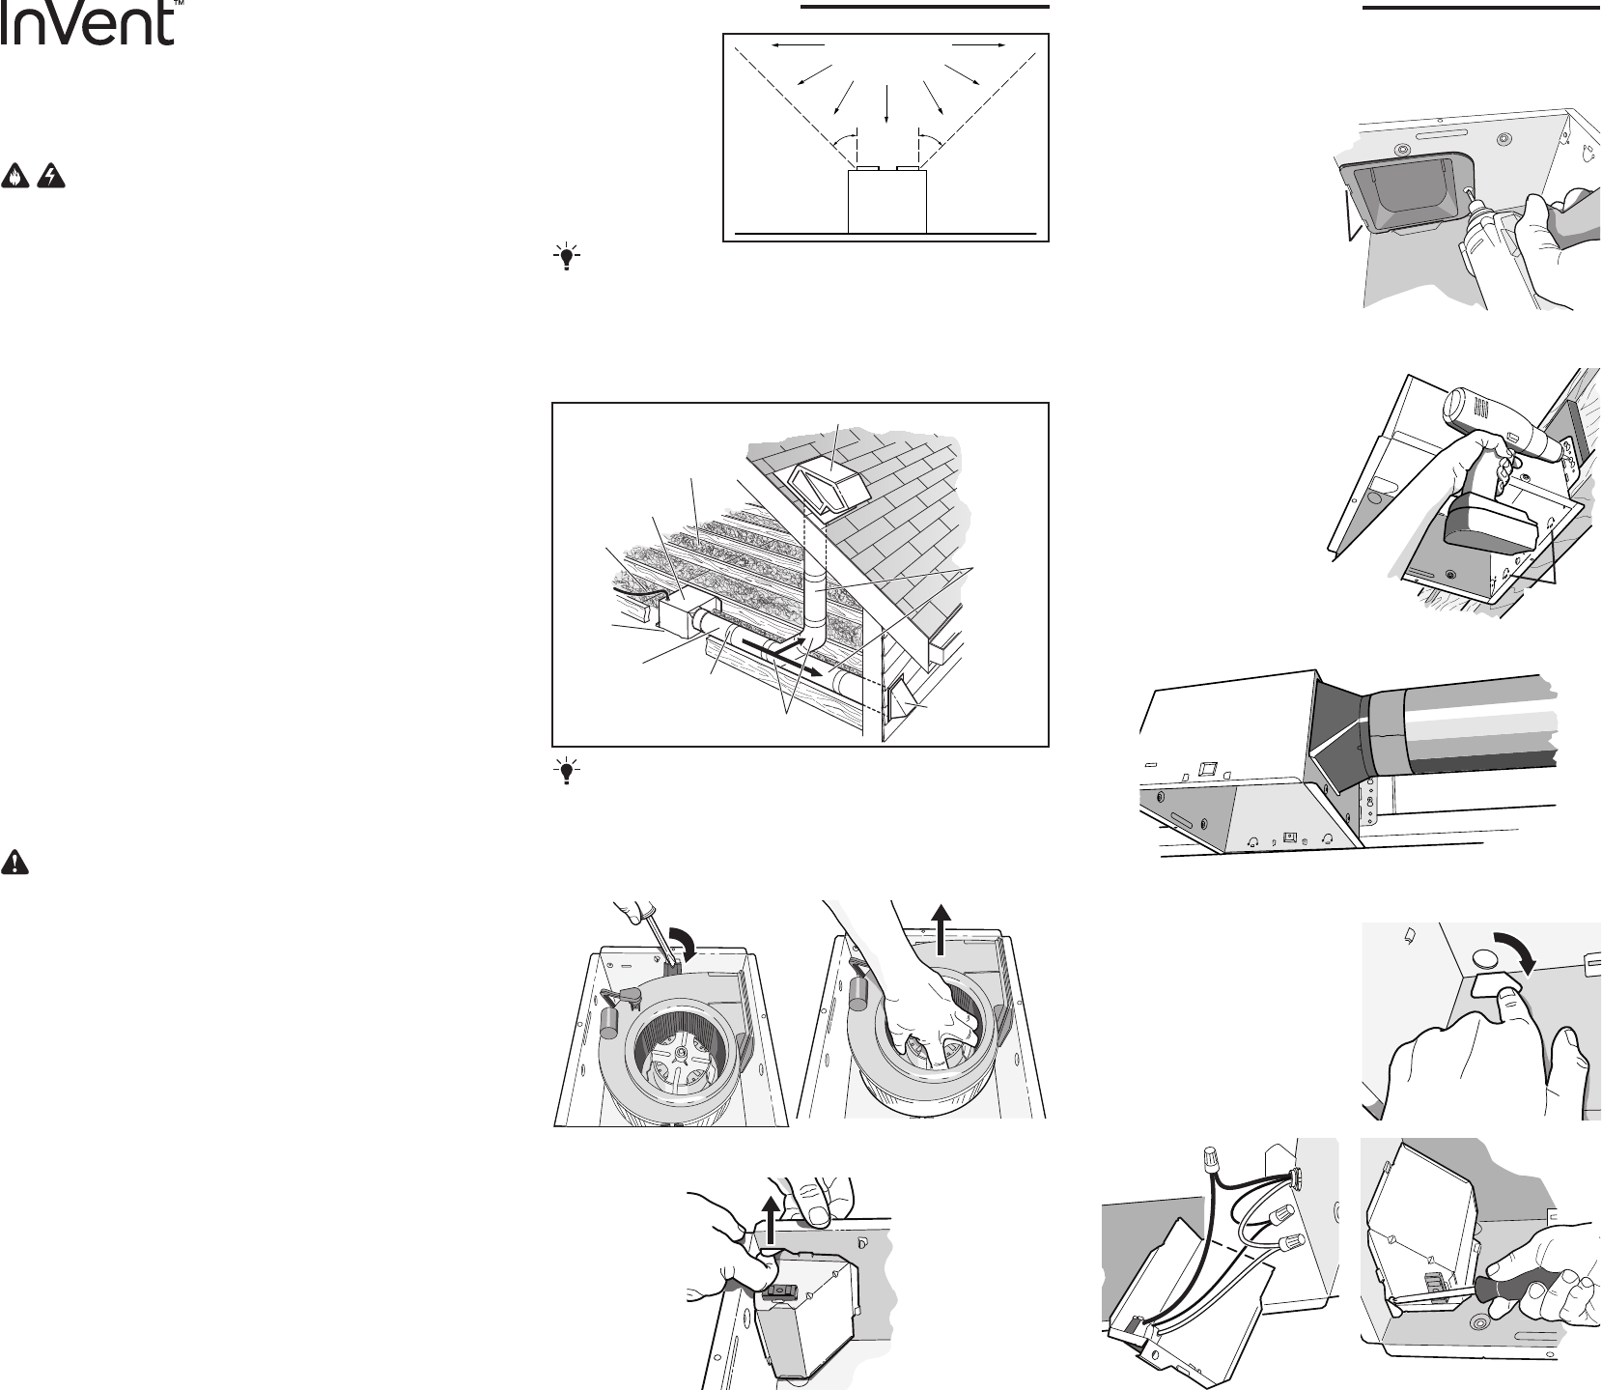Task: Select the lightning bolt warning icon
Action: tap(50, 177)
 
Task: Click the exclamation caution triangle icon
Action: tap(15, 862)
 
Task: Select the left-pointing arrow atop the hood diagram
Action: tap(798, 44)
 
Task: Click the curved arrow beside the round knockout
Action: tap(1508, 955)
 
